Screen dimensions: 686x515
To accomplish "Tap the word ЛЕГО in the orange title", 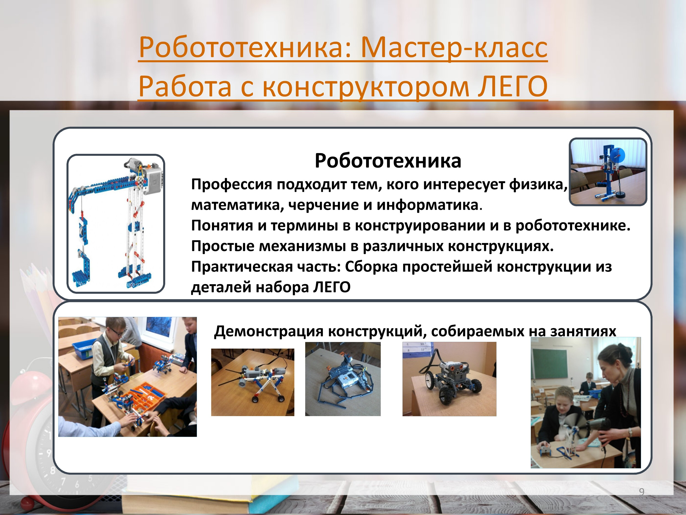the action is click(513, 86).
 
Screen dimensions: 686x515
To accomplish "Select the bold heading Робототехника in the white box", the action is click(388, 161).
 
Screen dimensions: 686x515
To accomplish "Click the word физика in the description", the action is click(538, 185).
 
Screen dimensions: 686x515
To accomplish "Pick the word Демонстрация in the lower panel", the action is click(269, 331).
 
